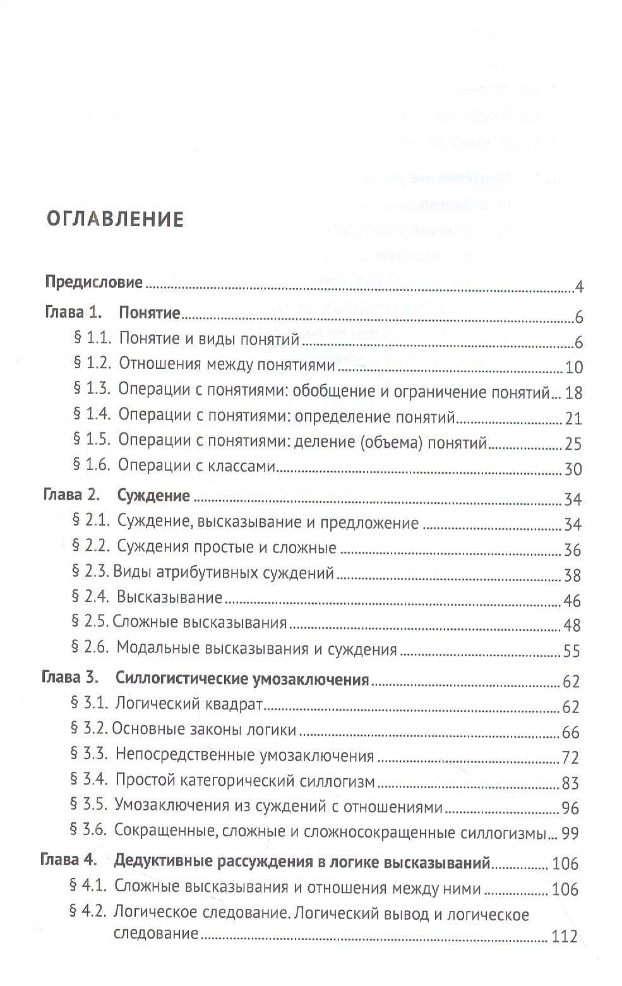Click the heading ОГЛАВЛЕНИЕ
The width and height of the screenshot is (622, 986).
[x=116, y=219]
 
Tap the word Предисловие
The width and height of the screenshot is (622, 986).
[x=94, y=282]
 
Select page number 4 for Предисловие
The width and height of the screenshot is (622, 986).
[x=579, y=288]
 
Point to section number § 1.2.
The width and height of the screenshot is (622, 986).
[x=93, y=364]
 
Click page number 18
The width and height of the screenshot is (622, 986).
[x=573, y=393]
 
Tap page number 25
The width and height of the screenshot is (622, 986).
[x=573, y=443]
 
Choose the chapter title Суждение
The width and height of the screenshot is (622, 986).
[x=153, y=495]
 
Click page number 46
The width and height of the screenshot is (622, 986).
[x=572, y=601]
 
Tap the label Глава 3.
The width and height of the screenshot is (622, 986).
[x=70, y=678]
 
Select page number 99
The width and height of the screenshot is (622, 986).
[x=570, y=833]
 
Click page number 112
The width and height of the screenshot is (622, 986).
[x=565, y=936]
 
